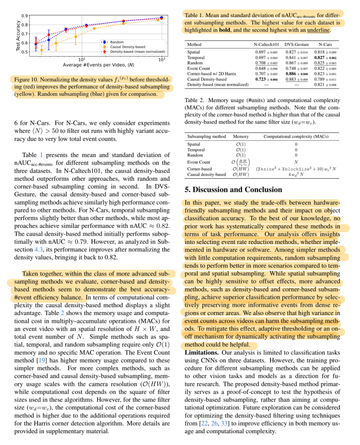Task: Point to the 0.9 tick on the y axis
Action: pyautogui.click(x=26, y=15)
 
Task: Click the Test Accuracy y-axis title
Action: pyautogui.click(x=19, y=34)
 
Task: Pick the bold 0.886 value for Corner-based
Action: pyautogui.click(x=294, y=74)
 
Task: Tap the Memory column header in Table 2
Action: pyautogui.click(x=241, y=136)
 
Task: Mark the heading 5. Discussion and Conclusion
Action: pyautogui.click(x=233, y=190)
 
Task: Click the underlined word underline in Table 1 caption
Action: pyautogui.click(x=317, y=30)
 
